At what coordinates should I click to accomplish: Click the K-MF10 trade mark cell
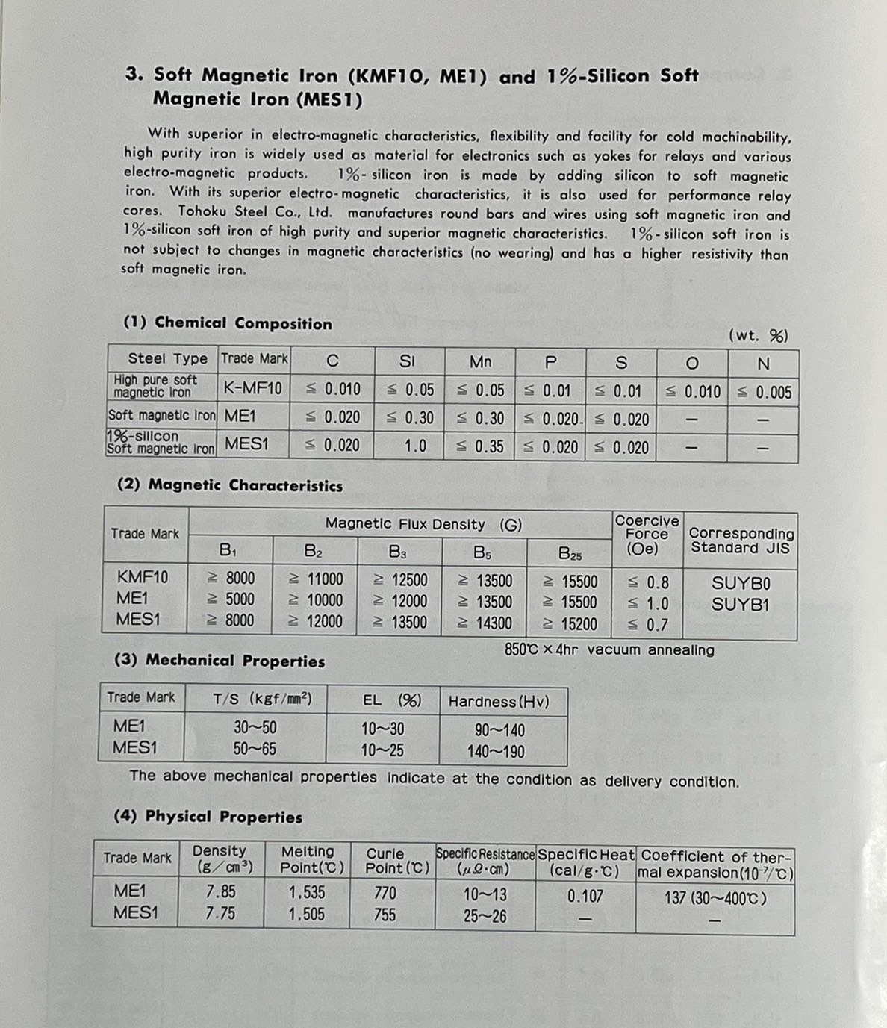(253, 388)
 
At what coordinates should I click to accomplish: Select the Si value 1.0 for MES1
(415, 446)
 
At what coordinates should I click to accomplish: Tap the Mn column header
(480, 362)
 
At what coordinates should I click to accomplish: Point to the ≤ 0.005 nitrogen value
(764, 393)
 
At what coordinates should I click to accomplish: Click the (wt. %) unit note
(758, 336)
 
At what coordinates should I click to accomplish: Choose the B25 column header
(570, 555)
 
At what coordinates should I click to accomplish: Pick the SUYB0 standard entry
(740, 583)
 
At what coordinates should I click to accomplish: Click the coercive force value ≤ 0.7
(648, 625)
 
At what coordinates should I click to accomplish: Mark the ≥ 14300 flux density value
(485, 623)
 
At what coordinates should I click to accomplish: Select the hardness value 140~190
(496, 752)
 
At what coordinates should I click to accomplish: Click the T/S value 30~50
(255, 728)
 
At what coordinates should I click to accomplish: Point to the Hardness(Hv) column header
(498, 702)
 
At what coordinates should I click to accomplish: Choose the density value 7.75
(220, 913)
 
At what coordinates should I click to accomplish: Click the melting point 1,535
(307, 892)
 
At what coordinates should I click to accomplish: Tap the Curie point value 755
(385, 915)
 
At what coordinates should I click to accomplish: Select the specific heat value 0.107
(585, 896)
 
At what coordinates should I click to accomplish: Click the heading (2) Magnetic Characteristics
(230, 485)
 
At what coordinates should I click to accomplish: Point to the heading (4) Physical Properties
(208, 817)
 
